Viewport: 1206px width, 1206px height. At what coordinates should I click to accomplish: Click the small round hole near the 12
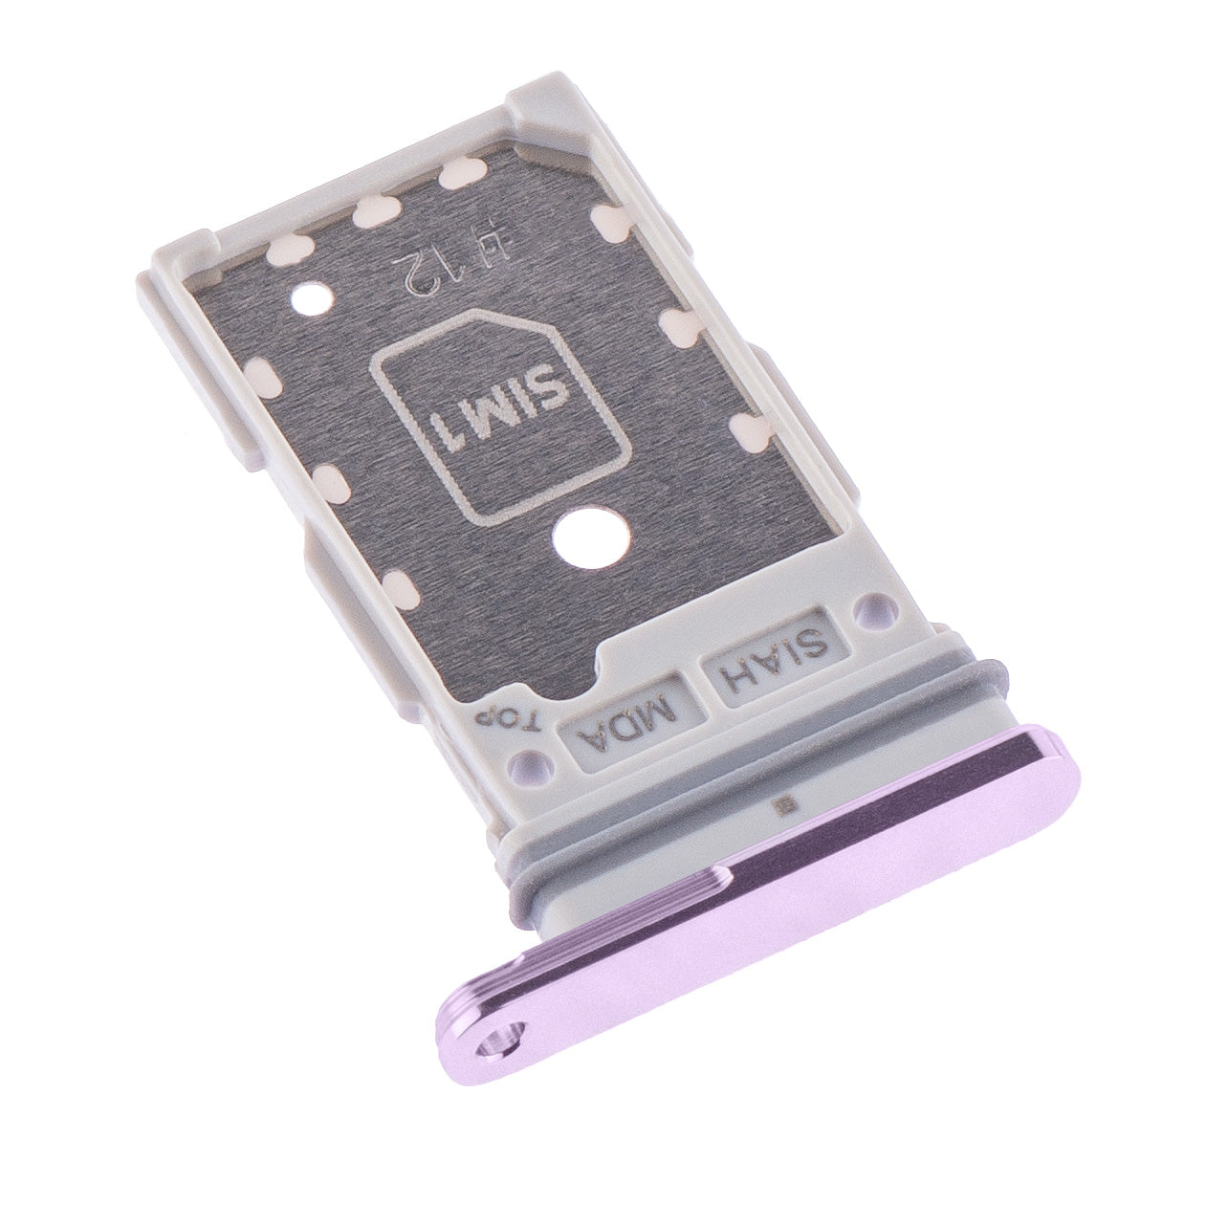coord(308,298)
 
